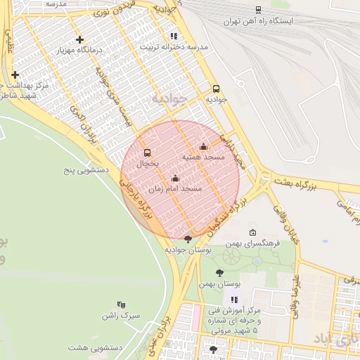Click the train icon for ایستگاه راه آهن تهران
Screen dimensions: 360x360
259,10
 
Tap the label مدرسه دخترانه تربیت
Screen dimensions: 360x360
174,47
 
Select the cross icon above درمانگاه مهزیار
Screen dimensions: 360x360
80,40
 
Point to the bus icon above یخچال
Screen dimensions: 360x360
147,153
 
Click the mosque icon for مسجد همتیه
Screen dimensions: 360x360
204,146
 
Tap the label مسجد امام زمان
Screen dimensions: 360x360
176,189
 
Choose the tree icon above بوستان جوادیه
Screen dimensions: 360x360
188,239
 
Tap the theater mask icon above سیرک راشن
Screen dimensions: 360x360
121,305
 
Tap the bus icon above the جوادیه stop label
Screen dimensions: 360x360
216,89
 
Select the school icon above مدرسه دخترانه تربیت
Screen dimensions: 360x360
174,36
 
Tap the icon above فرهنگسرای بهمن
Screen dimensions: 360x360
253,232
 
